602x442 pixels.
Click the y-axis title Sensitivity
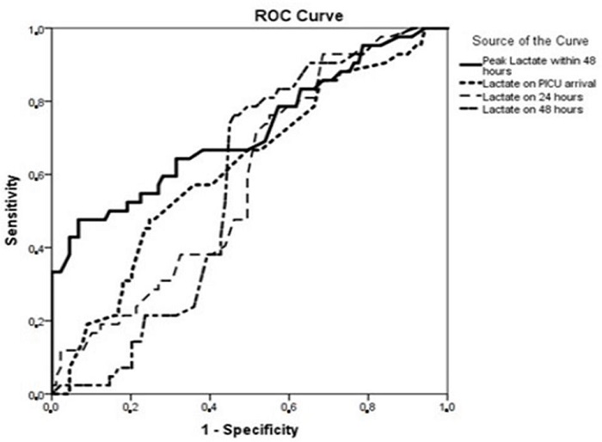click(12, 211)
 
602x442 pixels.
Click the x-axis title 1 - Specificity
click(249, 427)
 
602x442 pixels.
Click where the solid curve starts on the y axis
click(52, 273)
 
